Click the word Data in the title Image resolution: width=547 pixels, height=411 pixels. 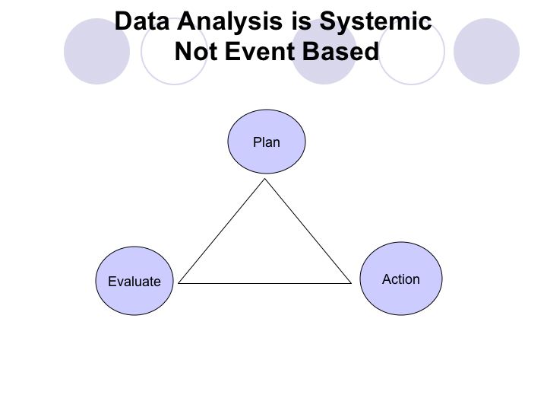pos(141,21)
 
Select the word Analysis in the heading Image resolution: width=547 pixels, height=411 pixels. pos(230,22)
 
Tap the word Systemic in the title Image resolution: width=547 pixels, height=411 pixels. pos(376,22)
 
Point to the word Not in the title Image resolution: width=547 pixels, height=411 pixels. pos(196,52)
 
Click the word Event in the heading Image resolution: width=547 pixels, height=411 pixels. pos(261,52)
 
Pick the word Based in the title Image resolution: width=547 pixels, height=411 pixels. pos(340,52)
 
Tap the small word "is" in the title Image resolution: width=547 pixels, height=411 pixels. pos(301,21)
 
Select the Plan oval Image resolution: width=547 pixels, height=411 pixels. pos(267,142)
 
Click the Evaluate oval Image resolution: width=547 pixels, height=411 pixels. pos(134,281)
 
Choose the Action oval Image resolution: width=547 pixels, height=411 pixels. pos(401,279)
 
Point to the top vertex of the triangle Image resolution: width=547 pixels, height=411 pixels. pos(265,179)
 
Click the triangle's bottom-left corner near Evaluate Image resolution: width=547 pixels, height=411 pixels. pos(179,283)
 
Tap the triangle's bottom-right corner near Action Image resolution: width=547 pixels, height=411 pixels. pos(351,283)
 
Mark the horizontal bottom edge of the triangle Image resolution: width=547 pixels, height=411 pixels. pos(265,283)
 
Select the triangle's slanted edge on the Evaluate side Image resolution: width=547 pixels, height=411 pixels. pos(222,231)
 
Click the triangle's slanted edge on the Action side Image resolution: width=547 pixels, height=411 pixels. pos(308,231)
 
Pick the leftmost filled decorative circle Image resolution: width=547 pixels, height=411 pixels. pos(96,52)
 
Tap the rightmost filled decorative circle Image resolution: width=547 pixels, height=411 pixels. pos(487,52)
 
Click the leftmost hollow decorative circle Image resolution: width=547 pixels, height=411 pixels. pos(141,52)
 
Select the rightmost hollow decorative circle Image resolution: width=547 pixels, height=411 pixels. pos(444,52)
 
